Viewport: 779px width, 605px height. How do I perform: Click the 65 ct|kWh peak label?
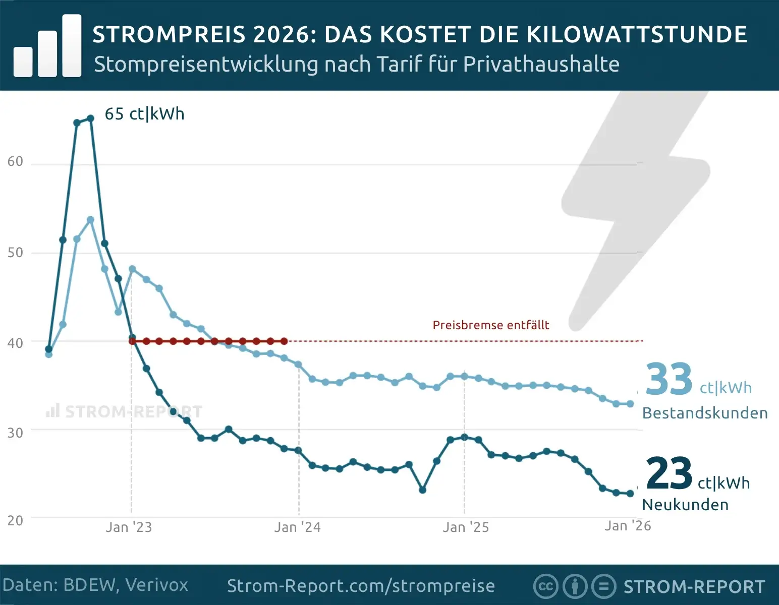[x=144, y=114]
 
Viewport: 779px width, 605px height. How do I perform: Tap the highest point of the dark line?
[x=91, y=118]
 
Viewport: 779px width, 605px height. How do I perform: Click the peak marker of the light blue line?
[x=91, y=220]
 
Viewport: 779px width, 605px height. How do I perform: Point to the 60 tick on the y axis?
[x=15, y=161]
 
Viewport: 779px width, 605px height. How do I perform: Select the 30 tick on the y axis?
[x=15, y=433]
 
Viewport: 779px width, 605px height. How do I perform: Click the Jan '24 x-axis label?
[x=297, y=527]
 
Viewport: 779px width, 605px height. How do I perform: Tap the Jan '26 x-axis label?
[x=628, y=526]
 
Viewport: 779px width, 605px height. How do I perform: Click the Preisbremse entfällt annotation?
[x=490, y=325]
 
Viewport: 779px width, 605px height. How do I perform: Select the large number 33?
[x=669, y=379]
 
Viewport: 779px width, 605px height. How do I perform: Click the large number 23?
[x=669, y=473]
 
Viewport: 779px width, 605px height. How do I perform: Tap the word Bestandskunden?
[x=704, y=413]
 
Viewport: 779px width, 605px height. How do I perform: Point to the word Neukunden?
[x=685, y=505]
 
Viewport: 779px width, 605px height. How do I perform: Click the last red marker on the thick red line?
[x=284, y=341]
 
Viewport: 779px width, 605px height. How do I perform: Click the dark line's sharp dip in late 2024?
[x=423, y=490]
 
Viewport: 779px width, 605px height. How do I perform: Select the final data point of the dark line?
[x=630, y=494]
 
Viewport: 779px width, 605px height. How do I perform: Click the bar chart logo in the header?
[x=47, y=46]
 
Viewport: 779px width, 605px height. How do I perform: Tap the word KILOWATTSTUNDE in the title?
[x=637, y=34]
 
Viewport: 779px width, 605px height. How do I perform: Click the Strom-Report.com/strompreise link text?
[x=361, y=586]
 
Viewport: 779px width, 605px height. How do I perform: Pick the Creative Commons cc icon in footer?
[x=545, y=586]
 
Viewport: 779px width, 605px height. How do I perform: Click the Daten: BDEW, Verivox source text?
[x=95, y=585]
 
